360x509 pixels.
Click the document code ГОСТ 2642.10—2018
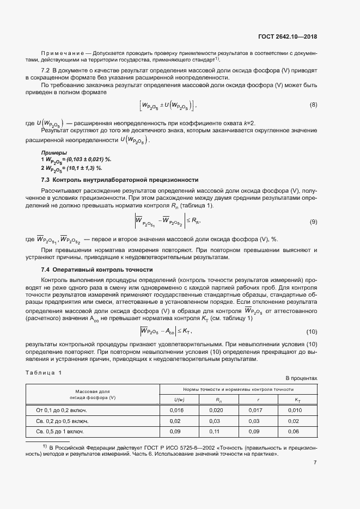288,37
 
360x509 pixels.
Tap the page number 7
315,463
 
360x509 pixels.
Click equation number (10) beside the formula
312,332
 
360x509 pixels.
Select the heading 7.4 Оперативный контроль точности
97,270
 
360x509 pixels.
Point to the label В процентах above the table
301,378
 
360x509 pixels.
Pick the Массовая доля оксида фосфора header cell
93,395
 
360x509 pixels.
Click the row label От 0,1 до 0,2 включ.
62,410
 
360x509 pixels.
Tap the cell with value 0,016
178,410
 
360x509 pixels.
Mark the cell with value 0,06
294,431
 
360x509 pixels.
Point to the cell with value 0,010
294,410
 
